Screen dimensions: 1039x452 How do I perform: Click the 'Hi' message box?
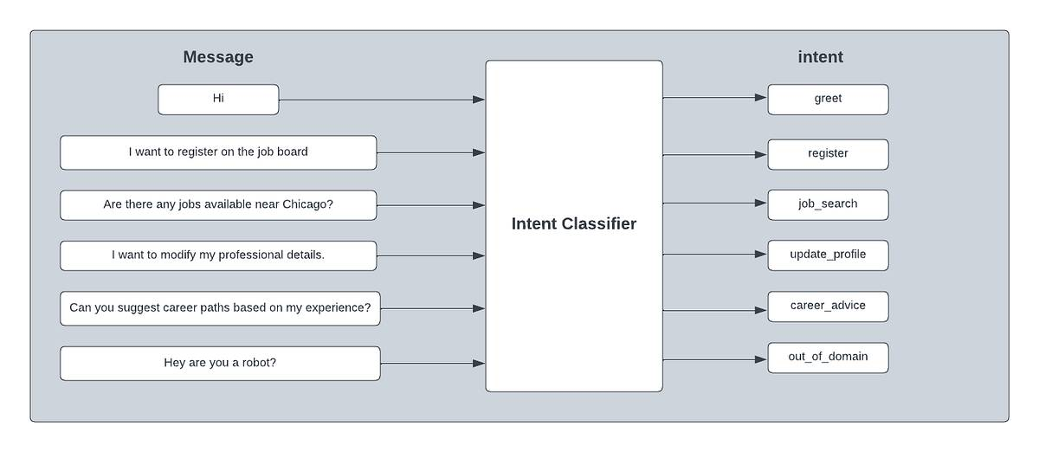pos(218,100)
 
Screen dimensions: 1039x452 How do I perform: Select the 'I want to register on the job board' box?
pos(218,152)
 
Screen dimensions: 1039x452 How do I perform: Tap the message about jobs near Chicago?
pos(218,205)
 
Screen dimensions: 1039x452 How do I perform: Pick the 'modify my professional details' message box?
pos(218,255)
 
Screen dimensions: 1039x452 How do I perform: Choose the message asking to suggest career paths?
pos(220,308)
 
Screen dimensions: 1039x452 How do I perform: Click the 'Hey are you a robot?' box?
pos(220,364)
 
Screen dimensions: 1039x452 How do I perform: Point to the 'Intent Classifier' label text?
pos(574,223)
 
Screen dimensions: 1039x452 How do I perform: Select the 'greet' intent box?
pos(828,100)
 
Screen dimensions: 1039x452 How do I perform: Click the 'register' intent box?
pos(828,154)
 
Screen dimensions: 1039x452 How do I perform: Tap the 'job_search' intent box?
pos(828,204)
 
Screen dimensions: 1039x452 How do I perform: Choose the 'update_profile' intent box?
pos(828,255)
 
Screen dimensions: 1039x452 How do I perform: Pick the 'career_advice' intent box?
pos(828,307)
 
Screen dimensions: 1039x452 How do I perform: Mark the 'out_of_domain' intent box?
pos(828,358)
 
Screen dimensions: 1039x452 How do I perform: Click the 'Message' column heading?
pos(218,56)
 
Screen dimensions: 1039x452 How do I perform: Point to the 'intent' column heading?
pos(820,56)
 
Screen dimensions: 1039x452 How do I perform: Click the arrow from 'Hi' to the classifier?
pos(382,100)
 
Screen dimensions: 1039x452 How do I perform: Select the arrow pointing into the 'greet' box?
pos(715,98)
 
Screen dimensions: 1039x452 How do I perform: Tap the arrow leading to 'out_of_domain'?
pos(715,359)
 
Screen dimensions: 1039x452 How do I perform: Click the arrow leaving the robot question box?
pos(433,364)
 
